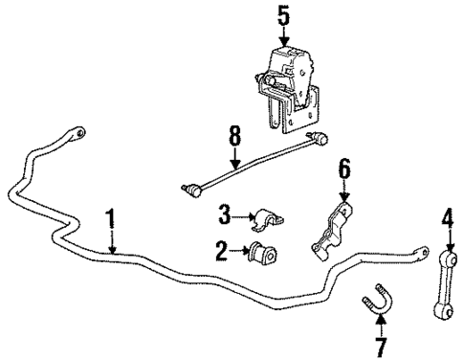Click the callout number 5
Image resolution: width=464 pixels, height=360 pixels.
[x=282, y=15]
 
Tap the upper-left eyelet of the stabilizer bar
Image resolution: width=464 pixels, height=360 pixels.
[x=80, y=131]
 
